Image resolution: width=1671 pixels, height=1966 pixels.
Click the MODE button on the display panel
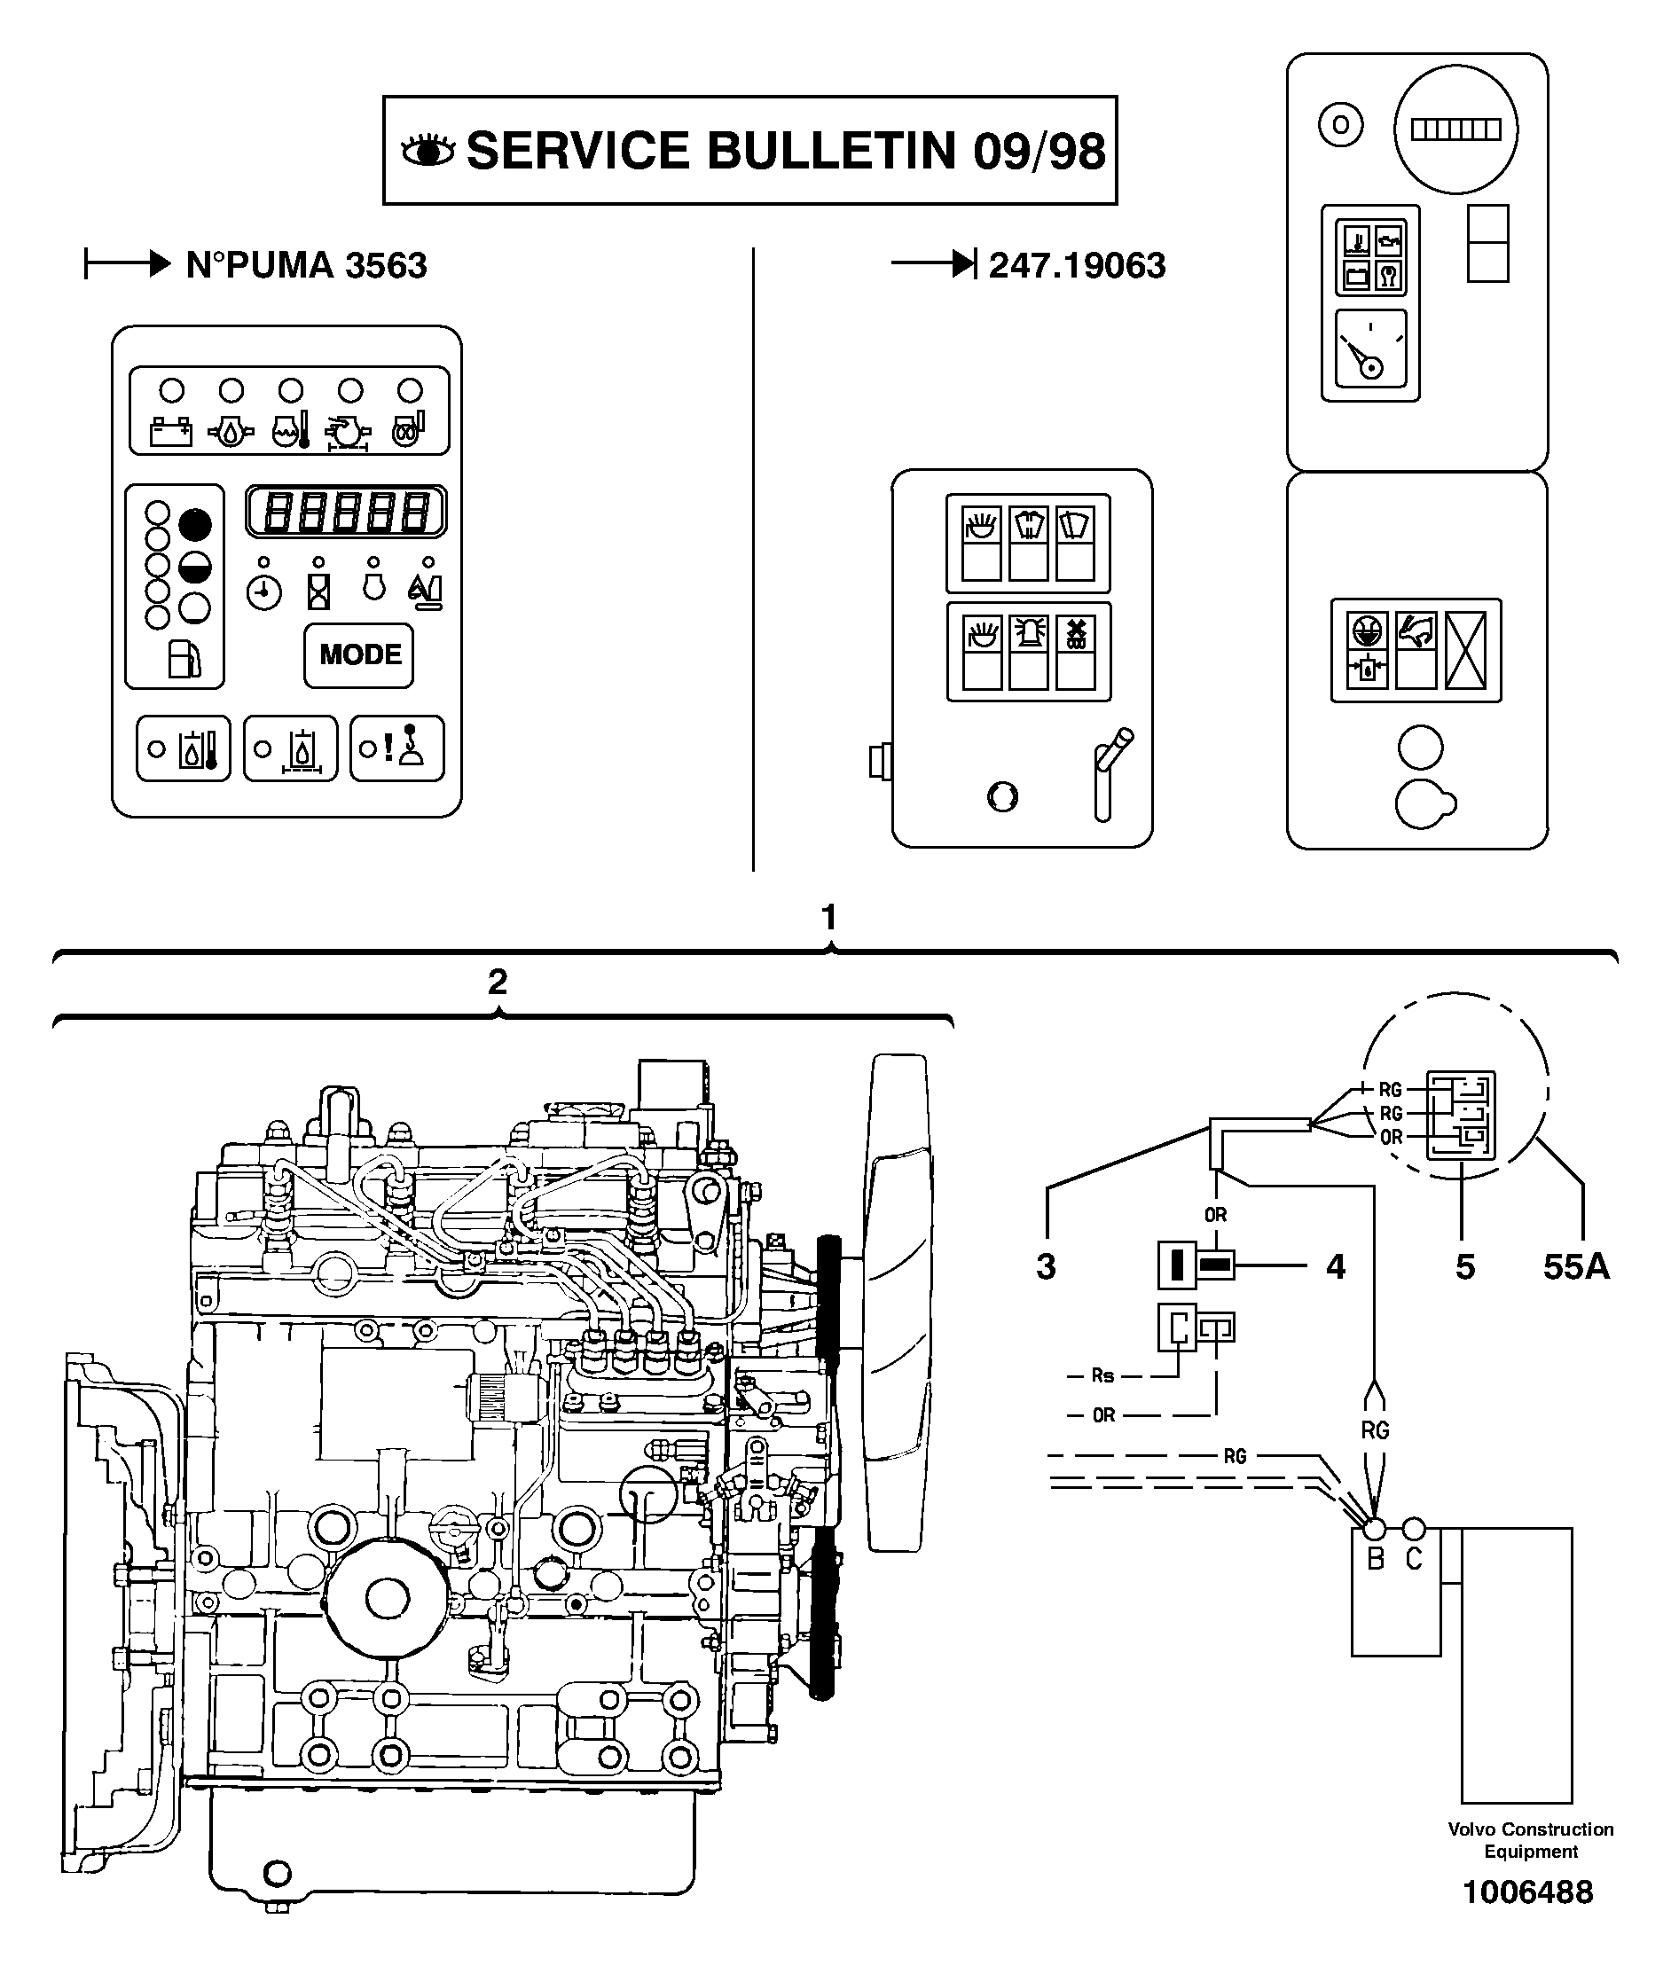pyautogui.click(x=359, y=655)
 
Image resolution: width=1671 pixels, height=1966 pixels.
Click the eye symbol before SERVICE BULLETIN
pyautogui.click(x=428, y=151)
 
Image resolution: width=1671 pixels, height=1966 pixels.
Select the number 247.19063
pyautogui.click(x=1076, y=265)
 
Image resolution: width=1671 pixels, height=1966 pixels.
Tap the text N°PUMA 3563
pyautogui.click(x=306, y=265)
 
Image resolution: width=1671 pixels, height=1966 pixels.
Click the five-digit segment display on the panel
pyautogui.click(x=346, y=513)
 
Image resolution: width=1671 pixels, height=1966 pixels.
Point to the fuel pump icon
pyautogui.click(x=184, y=659)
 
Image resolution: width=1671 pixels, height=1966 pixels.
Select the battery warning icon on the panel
pyautogui.click(x=171, y=433)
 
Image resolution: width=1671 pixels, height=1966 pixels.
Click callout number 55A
pyautogui.click(x=1575, y=1266)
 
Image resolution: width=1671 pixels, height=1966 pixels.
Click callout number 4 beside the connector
pyautogui.click(x=1335, y=1266)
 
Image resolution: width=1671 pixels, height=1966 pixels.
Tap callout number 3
pyautogui.click(x=1046, y=1266)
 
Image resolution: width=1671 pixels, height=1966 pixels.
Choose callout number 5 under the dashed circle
pyautogui.click(x=1464, y=1266)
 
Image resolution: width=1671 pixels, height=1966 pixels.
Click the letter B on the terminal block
pyautogui.click(x=1376, y=1558)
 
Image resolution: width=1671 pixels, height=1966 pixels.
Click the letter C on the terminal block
pyautogui.click(x=1413, y=1558)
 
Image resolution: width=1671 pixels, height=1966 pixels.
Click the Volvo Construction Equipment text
pyautogui.click(x=1530, y=1840)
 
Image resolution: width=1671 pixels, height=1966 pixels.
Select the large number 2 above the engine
pyautogui.click(x=498, y=982)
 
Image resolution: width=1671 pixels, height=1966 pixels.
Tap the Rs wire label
pyautogui.click(x=1102, y=1375)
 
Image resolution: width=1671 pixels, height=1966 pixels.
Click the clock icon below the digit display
pyautogui.click(x=264, y=594)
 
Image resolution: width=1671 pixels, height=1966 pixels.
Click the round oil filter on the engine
pyautogui.click(x=387, y=1599)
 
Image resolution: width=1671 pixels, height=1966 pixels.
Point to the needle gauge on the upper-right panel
pyautogui.click(x=1369, y=349)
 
